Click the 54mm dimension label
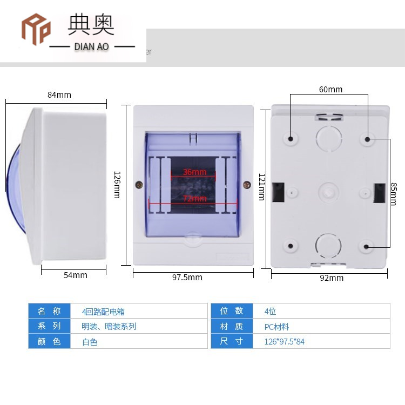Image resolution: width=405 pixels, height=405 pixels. click(75, 275)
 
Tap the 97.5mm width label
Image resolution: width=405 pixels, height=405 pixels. click(187, 278)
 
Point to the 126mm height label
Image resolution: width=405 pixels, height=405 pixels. click(117, 185)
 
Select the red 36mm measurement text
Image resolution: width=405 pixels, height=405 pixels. click(194, 172)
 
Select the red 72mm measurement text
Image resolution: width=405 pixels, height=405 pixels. click(194, 199)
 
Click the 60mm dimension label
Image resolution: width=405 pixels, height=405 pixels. click(330, 90)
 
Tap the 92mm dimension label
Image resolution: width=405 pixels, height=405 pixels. click(332, 278)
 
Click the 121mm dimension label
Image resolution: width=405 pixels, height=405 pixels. click(262, 186)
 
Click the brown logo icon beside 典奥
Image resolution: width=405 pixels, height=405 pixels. click(36, 29)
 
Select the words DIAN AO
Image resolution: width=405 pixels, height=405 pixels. click(91, 47)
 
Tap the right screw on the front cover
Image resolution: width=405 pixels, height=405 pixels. click(247, 185)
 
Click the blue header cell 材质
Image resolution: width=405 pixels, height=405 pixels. click(232, 327)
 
